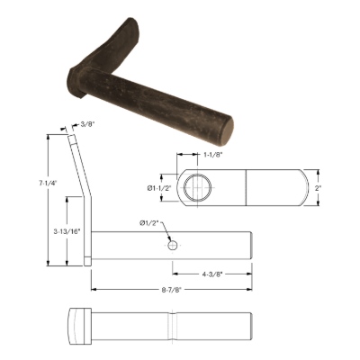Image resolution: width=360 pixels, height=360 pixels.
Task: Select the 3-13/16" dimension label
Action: pyautogui.click(x=67, y=231)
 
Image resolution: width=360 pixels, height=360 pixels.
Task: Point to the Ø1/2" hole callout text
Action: pyautogui.click(x=148, y=222)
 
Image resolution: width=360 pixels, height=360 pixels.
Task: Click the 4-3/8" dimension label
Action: pyautogui.click(x=212, y=274)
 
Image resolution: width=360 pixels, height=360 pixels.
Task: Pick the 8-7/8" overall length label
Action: pyautogui.click(x=172, y=290)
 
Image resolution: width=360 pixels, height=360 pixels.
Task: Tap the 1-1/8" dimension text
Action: pyautogui.click(x=212, y=155)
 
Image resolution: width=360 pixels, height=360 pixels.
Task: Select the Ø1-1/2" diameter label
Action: pyautogui.click(x=159, y=188)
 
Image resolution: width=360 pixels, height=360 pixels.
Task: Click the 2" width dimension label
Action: pyautogui.click(x=318, y=188)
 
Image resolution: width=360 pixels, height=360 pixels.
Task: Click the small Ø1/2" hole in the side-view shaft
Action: pyautogui.click(x=173, y=246)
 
